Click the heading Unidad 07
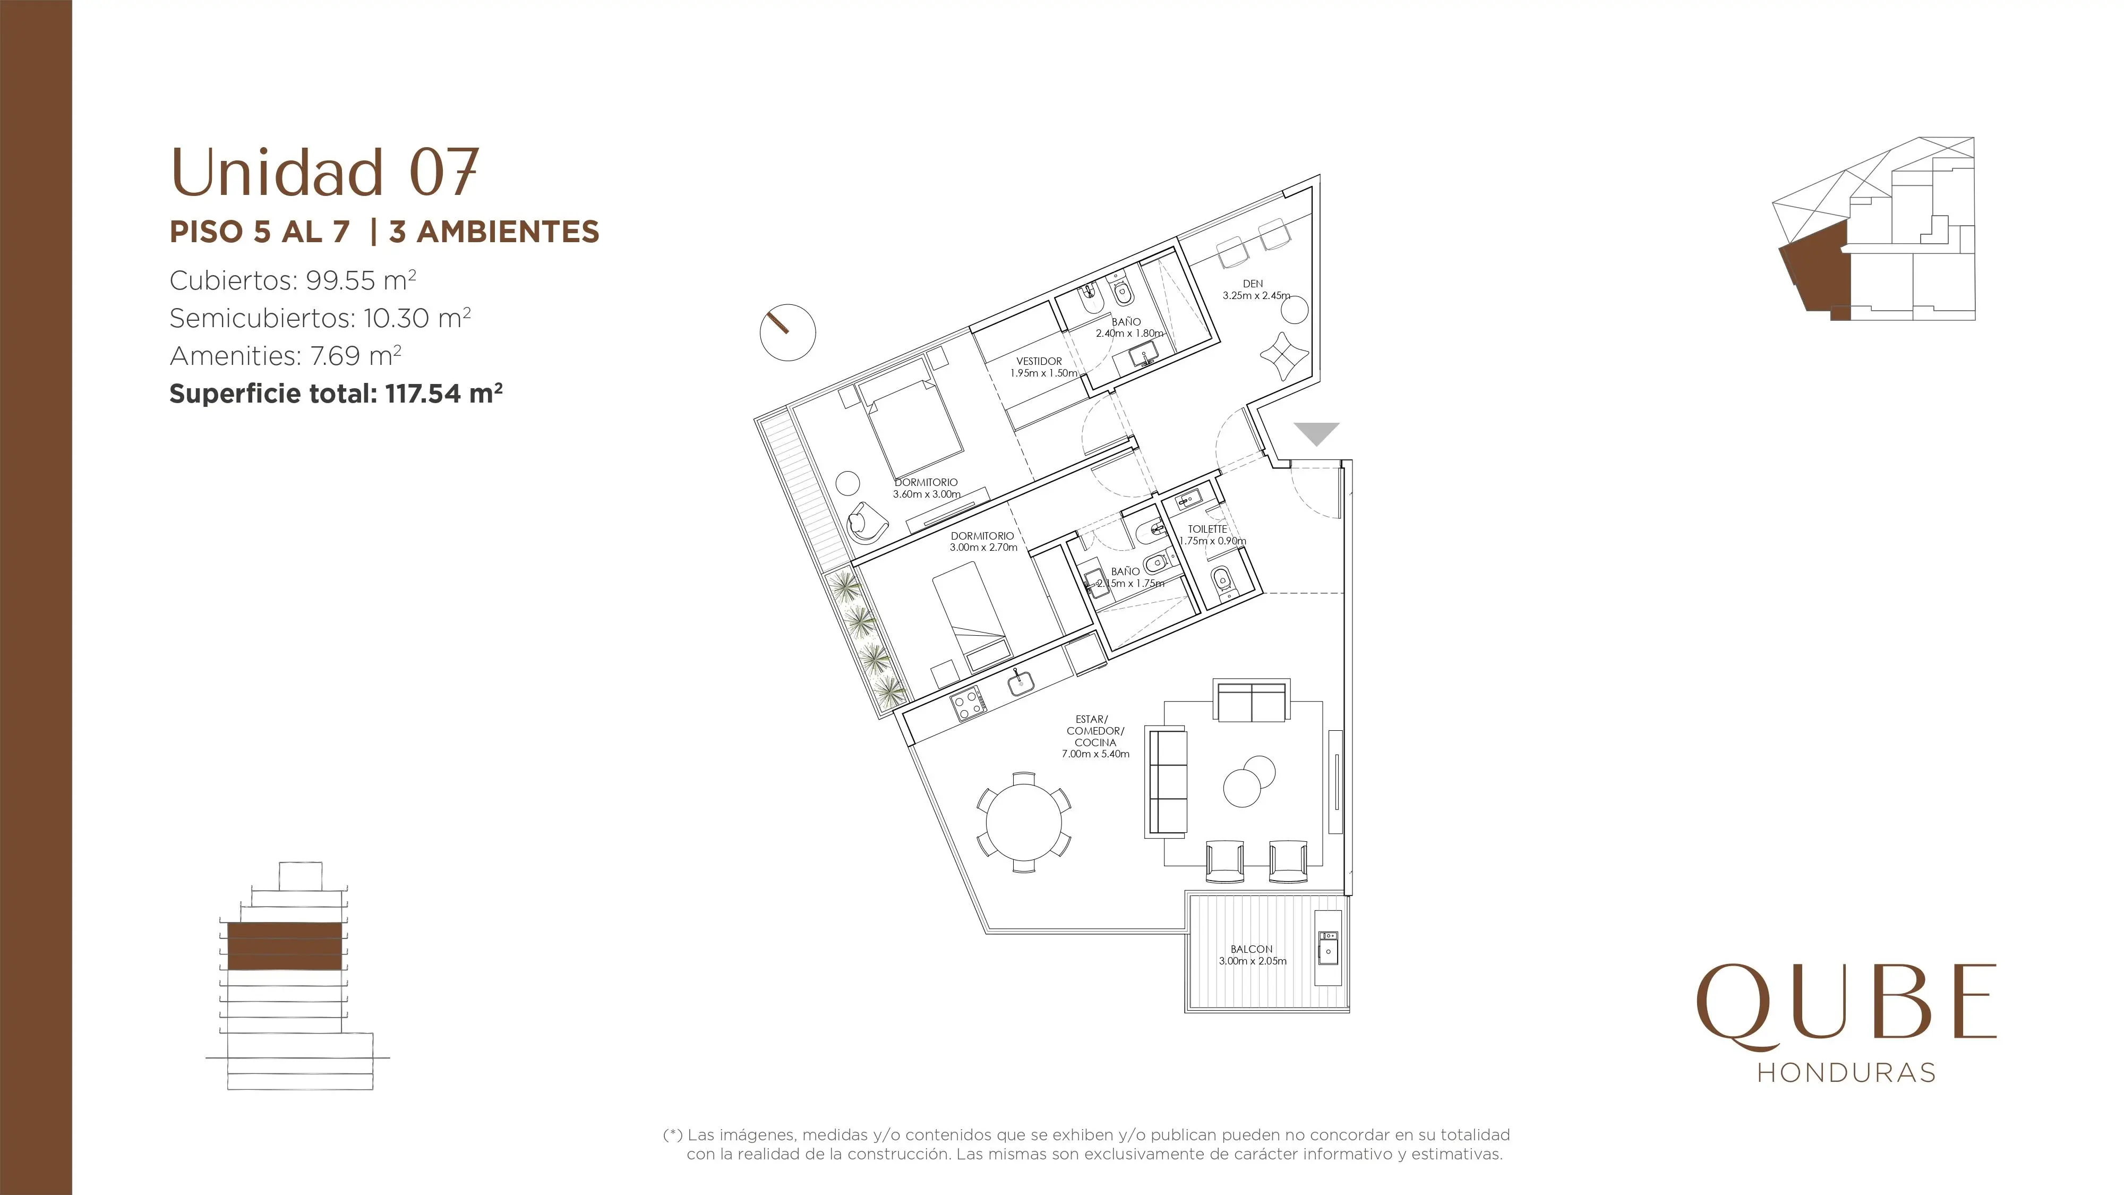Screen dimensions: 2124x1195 tap(324, 173)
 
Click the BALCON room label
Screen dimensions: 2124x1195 tap(1252, 949)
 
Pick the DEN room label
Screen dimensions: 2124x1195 tap(1253, 284)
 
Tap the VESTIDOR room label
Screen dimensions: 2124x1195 tap(1039, 361)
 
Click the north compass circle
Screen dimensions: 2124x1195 tap(787, 332)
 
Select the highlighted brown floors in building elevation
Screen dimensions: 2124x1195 tap(285, 946)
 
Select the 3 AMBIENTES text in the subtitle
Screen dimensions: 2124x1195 tap(494, 232)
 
